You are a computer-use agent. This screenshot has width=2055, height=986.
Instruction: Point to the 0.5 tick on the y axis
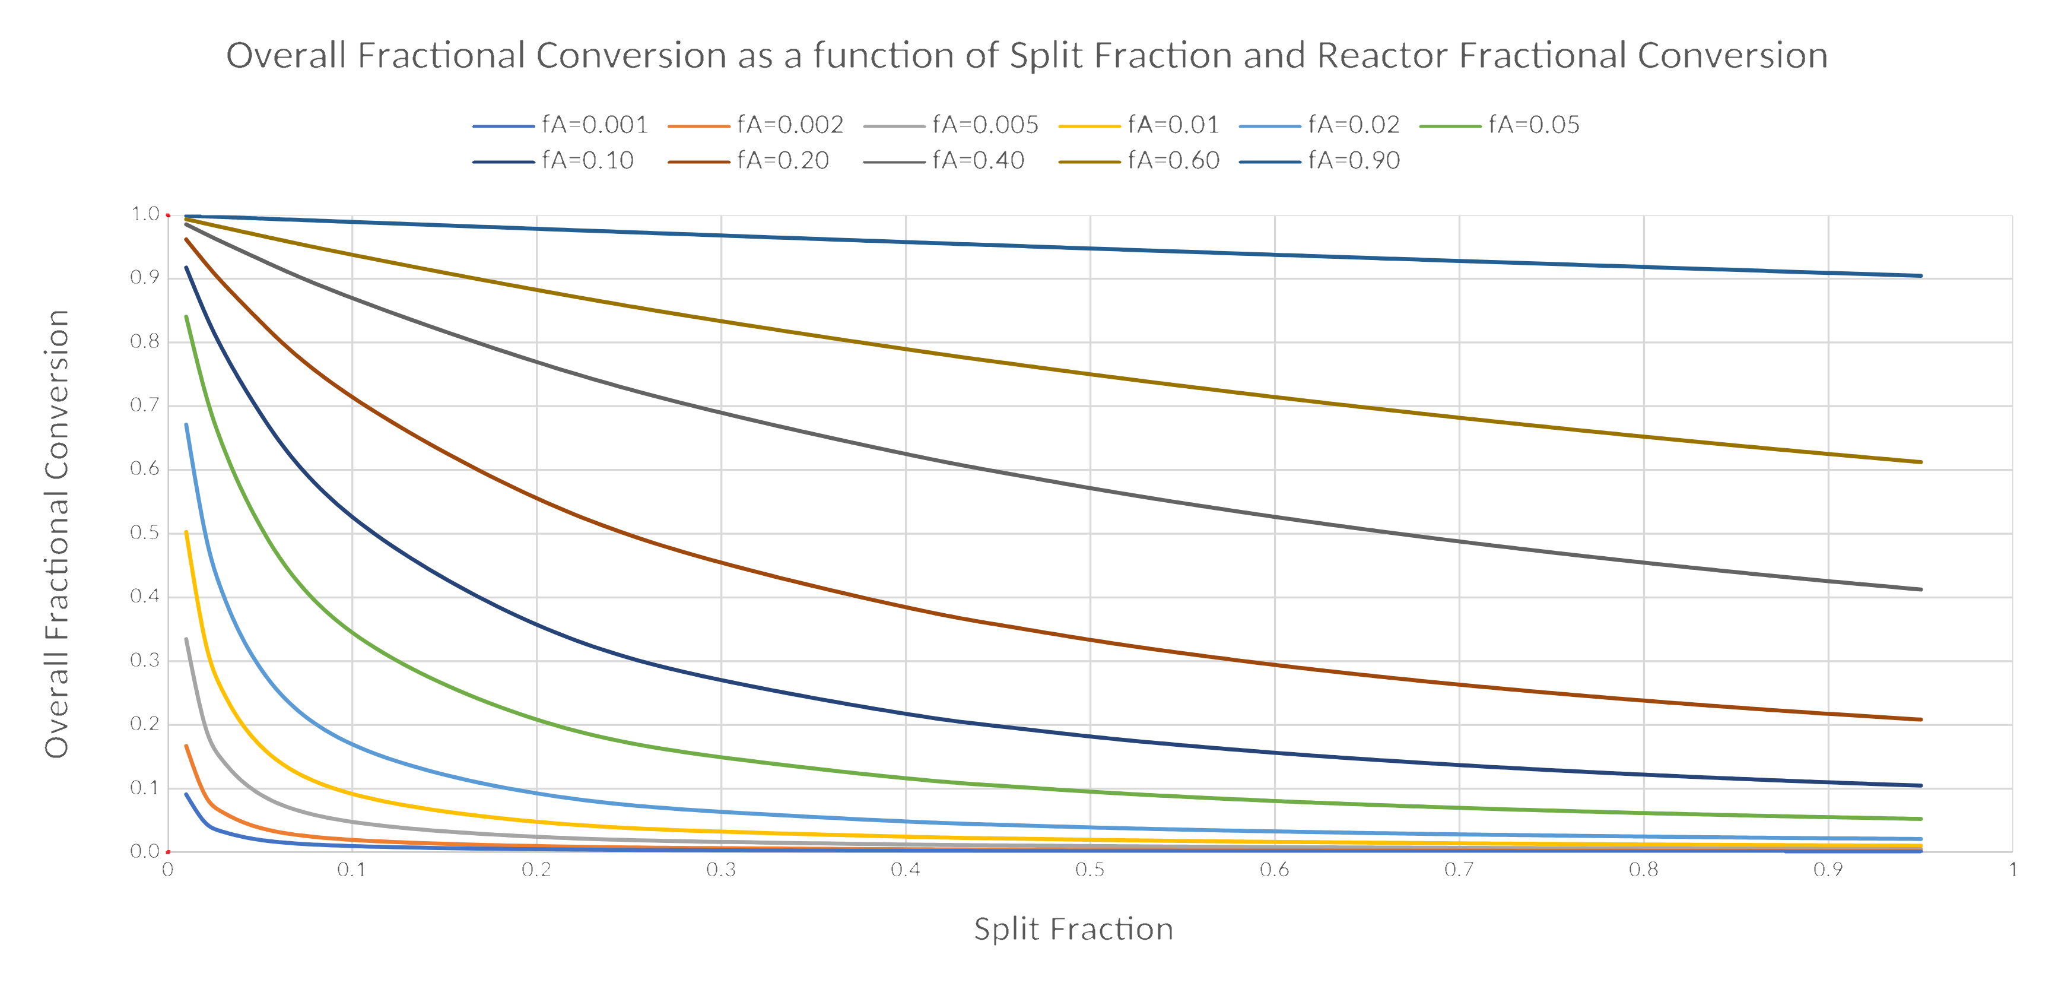pyautogui.click(x=145, y=533)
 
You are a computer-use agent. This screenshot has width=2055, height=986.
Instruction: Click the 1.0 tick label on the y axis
pyautogui.click(x=145, y=214)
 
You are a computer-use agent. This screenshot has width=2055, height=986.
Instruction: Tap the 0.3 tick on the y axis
pyautogui.click(x=145, y=661)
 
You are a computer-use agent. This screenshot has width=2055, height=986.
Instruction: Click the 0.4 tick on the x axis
pyautogui.click(x=906, y=870)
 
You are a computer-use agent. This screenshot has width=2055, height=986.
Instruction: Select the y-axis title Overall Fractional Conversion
pyautogui.click(x=56, y=533)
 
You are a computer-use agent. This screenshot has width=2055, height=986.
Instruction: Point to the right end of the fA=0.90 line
pyautogui.click(x=1920, y=276)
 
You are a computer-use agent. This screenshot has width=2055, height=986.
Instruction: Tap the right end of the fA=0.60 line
pyautogui.click(x=1920, y=462)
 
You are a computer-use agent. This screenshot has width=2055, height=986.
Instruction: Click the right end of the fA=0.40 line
pyautogui.click(x=1920, y=589)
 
